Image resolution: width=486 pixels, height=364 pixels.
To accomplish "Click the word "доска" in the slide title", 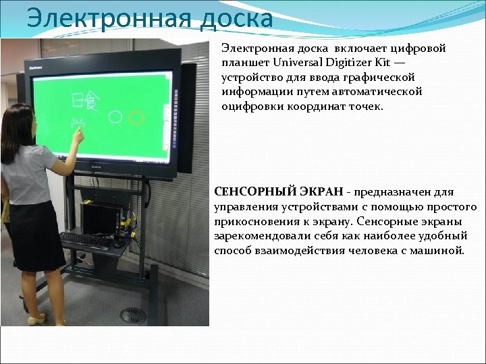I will point(236,18).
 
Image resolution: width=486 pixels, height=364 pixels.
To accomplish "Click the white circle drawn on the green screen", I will point(115,119).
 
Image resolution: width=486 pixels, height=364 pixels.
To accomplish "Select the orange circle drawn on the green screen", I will point(135,119).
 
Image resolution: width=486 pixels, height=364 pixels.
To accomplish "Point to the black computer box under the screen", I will point(101,217).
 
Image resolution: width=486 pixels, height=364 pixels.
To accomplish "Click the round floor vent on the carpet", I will point(133,315).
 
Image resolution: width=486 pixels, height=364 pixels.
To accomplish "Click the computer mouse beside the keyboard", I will point(118,243).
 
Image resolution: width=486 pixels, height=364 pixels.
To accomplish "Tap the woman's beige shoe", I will point(36,319).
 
